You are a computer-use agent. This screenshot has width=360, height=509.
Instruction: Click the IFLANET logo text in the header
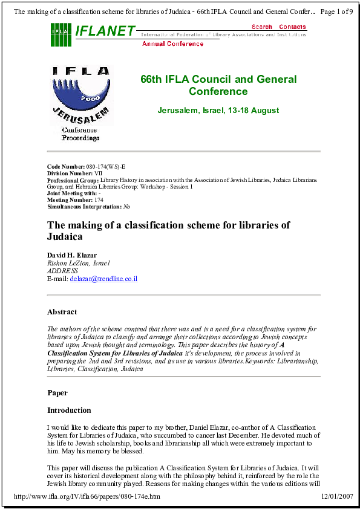point(105,31)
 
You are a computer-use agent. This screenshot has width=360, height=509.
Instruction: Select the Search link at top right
point(262,27)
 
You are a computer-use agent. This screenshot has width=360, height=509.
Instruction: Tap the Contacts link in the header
point(292,27)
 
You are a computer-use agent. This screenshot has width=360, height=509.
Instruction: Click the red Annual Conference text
point(172,44)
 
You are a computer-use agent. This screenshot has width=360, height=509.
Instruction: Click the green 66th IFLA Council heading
point(218,85)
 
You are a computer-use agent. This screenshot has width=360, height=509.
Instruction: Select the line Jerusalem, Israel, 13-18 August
point(218,111)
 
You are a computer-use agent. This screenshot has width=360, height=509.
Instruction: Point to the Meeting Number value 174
point(100,199)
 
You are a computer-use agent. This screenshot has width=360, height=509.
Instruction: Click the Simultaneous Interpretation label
point(84,207)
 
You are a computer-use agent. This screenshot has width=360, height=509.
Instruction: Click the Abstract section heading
point(62,313)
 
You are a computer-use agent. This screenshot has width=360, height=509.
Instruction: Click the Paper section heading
point(58,393)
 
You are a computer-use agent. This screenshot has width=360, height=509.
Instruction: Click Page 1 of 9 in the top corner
point(336,11)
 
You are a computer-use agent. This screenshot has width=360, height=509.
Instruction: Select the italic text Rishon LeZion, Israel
point(78,264)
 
